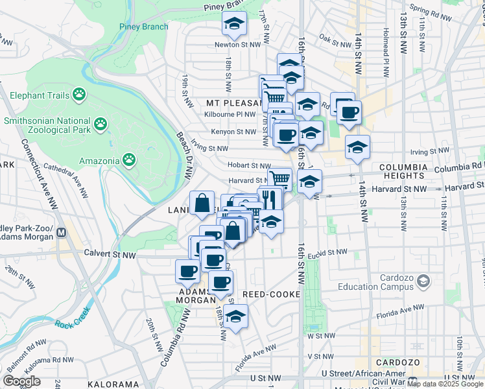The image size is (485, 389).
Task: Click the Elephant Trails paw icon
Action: click(80, 95)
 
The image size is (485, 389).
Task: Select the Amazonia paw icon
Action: click(130, 160)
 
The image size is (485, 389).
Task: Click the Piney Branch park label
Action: click(144, 27)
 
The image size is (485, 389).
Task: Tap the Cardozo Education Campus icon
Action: click(423, 281)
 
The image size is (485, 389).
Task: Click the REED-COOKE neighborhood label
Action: click(271, 294)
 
